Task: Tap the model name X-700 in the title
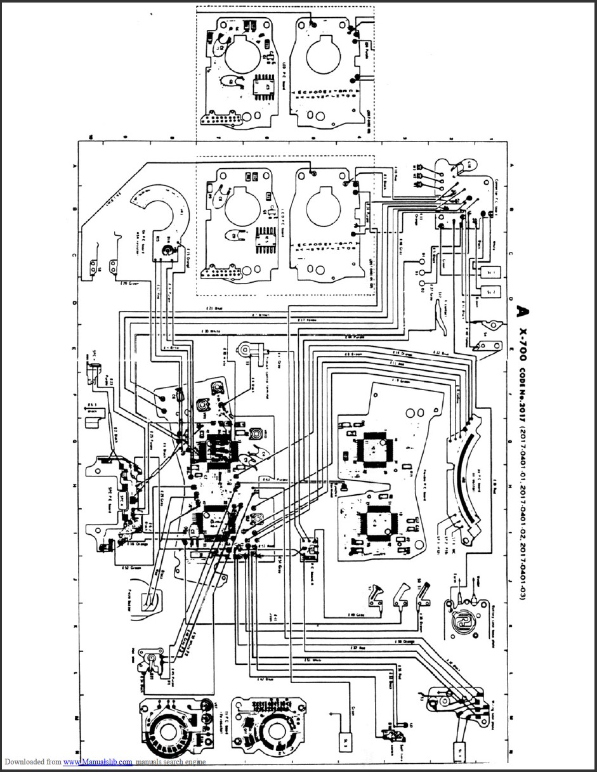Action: pos(521,343)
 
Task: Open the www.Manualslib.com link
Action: pos(98,762)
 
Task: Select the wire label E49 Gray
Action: pos(355,615)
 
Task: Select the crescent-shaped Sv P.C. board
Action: pos(162,209)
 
